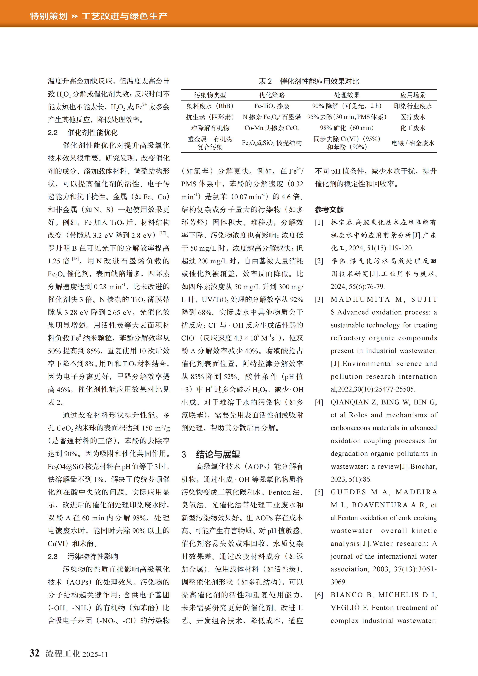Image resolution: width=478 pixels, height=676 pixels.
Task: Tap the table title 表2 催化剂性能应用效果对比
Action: pyautogui.click(x=309, y=81)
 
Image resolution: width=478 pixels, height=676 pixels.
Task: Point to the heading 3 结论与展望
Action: pyautogui.click(x=211, y=454)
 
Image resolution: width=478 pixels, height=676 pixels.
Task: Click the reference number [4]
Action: pyautogui.click(x=319, y=402)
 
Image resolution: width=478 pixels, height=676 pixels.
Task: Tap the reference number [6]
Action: pyautogui.click(x=319, y=595)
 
